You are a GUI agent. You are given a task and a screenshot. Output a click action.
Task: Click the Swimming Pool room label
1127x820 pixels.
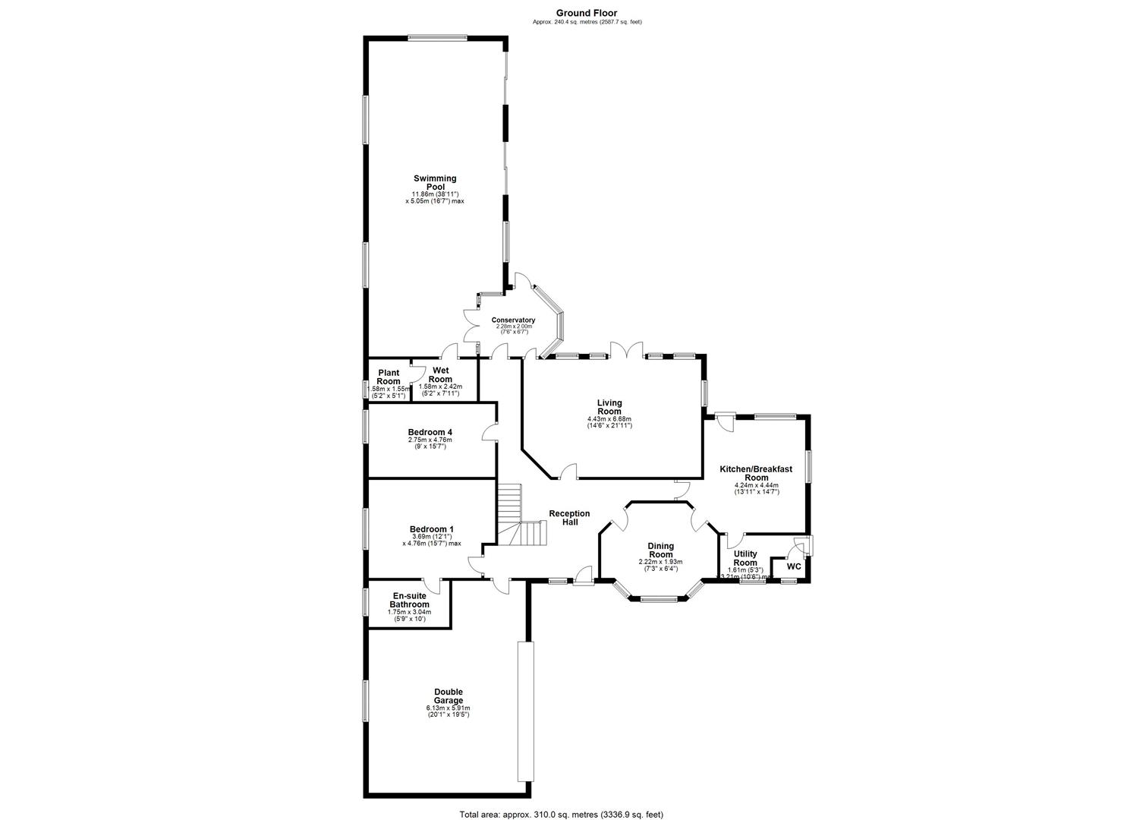coord(435,182)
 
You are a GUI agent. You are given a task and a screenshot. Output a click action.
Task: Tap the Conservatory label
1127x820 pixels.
coord(513,320)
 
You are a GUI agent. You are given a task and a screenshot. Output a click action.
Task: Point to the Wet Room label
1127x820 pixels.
coord(440,374)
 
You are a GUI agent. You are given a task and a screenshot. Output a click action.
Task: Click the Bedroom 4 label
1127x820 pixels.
coord(430,432)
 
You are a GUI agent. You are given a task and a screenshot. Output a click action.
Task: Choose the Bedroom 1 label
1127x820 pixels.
coord(431,529)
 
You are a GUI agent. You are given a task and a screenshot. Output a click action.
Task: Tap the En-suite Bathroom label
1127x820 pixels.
coord(410,601)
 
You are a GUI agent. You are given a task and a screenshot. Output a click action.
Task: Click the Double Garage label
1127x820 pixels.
coord(448,696)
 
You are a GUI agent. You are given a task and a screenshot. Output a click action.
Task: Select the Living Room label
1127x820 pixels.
coord(609,407)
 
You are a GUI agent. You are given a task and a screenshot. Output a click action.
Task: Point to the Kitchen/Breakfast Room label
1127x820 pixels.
coord(755,474)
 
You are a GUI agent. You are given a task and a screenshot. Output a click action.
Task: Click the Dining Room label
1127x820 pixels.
coord(660,550)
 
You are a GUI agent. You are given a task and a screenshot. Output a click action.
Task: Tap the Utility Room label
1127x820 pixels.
coord(745,559)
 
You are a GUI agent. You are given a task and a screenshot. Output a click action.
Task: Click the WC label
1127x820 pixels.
coord(793,566)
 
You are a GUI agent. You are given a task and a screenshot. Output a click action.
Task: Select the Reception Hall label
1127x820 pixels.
coord(569,518)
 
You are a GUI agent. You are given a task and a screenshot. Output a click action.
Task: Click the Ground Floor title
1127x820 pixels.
coord(587,13)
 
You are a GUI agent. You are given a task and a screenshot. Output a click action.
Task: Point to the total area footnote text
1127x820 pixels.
coord(561,814)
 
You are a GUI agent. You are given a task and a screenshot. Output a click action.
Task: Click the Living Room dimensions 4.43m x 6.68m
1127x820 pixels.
coord(609,422)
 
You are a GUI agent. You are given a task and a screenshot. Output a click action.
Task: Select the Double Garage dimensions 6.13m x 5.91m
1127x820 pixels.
coord(448,711)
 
